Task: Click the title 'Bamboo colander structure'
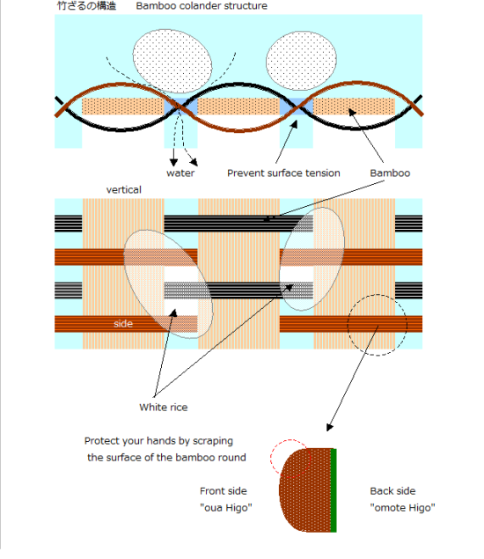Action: (x=202, y=6)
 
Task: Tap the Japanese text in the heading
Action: (x=86, y=5)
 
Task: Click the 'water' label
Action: (x=180, y=173)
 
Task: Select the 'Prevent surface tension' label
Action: (x=283, y=173)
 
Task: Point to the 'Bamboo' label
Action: (x=390, y=173)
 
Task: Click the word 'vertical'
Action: (x=124, y=189)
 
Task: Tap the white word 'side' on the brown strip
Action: (x=123, y=324)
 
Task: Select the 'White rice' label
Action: (x=163, y=408)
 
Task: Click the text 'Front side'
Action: (x=224, y=491)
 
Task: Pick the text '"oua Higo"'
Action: (x=226, y=508)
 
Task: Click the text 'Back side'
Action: (x=392, y=491)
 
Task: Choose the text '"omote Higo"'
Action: (x=402, y=508)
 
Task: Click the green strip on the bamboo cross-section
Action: (x=334, y=490)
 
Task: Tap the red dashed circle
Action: (x=270, y=458)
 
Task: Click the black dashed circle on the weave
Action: (x=348, y=325)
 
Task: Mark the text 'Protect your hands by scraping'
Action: (x=158, y=441)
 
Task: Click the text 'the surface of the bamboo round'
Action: (x=166, y=458)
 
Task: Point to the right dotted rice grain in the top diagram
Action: (x=301, y=61)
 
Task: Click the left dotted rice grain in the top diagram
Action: (x=172, y=62)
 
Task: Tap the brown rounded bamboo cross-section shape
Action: (x=305, y=490)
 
